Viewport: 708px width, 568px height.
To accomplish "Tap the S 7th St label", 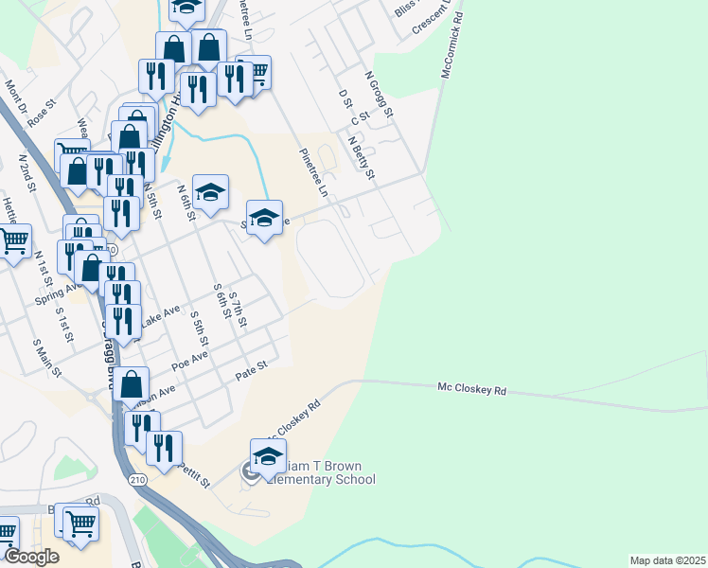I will [x=237, y=311].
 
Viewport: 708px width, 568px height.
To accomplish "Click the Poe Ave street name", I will [x=189, y=361].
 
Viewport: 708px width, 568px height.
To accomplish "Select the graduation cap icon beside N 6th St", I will [x=211, y=192].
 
